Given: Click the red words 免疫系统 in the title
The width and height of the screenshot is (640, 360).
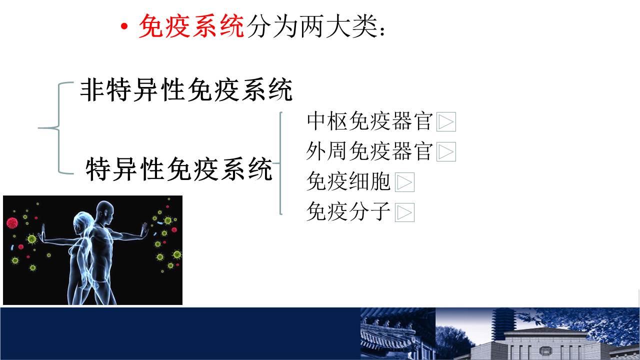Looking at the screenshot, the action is pyautogui.click(x=191, y=26).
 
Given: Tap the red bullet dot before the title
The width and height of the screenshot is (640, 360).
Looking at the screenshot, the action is pyautogui.click(x=124, y=26).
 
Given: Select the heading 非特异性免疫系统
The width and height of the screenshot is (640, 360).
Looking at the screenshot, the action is pyautogui.click(x=186, y=89).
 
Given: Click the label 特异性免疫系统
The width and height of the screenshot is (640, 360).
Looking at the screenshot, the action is pyautogui.click(x=179, y=169).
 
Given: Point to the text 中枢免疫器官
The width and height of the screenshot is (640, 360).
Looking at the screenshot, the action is pyautogui.click(x=369, y=121).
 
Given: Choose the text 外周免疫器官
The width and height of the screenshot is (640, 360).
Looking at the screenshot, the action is pyautogui.click(x=369, y=151).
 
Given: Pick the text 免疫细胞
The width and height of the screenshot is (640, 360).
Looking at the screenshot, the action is pyautogui.click(x=348, y=181).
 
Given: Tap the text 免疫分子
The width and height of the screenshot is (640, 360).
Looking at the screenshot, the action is pyautogui.click(x=348, y=211).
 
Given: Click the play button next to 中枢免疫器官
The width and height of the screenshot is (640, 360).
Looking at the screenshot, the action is pyautogui.click(x=446, y=121).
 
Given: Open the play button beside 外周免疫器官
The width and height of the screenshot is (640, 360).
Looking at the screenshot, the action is pyautogui.click(x=446, y=151).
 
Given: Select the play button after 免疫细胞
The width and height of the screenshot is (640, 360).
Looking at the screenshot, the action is pyautogui.click(x=404, y=182).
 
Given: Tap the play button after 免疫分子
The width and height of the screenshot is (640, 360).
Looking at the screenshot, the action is pyautogui.click(x=404, y=212).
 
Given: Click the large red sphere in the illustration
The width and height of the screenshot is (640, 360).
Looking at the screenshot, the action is pyautogui.click(x=12, y=223).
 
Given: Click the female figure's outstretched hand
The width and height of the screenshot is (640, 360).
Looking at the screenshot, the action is pyautogui.click(x=43, y=233).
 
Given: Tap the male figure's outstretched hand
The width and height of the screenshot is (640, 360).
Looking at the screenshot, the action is pyautogui.click(x=145, y=230).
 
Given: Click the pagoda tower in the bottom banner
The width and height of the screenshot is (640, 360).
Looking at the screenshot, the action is pyautogui.click(x=503, y=323).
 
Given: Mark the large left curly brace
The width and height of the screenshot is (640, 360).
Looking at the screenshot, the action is pyautogui.click(x=56, y=128).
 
